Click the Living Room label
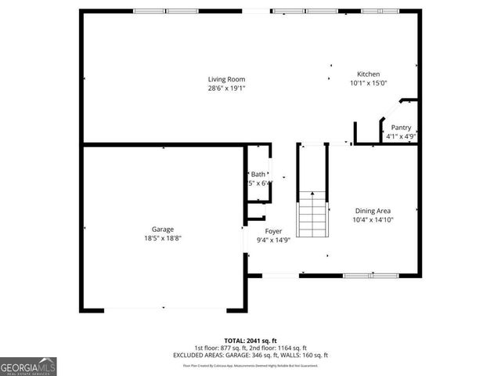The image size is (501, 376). click(x=226, y=79)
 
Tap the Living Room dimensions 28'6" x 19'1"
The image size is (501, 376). click(x=226, y=88)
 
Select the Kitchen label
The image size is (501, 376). click(x=368, y=74)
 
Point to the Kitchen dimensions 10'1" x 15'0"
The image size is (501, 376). click(x=368, y=83)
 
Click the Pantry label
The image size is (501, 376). click(x=401, y=127)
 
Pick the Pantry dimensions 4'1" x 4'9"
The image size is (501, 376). click(x=401, y=136)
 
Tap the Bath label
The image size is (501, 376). click(x=258, y=174)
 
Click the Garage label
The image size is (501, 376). click(x=163, y=230)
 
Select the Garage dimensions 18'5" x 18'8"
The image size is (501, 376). click(x=163, y=238)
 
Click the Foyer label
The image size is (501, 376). click(x=273, y=231)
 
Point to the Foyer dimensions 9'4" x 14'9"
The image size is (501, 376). click(x=273, y=240)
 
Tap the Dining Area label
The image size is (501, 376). click(x=373, y=211)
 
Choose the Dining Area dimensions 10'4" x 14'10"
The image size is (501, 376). click(x=373, y=220)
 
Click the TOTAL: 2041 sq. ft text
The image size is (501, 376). click(x=250, y=341)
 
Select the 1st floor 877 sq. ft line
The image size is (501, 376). click(x=250, y=348)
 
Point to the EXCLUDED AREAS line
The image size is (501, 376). click(x=250, y=356)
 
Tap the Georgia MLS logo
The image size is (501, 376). click(x=28, y=366)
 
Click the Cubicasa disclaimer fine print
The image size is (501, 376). click(x=250, y=365)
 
